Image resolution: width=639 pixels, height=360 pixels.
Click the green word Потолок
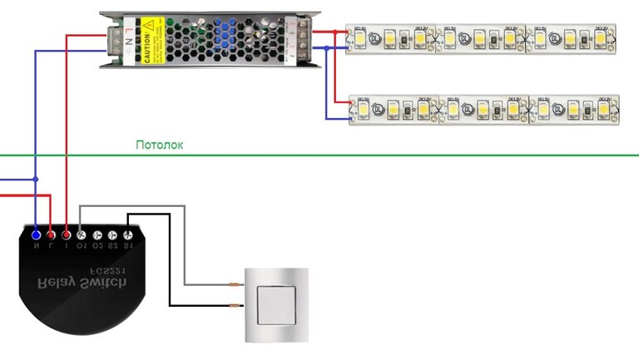[x=160, y=145]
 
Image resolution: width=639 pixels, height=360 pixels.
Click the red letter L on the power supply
[x=127, y=30]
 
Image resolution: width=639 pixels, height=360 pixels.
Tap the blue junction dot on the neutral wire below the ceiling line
[x=36, y=179]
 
